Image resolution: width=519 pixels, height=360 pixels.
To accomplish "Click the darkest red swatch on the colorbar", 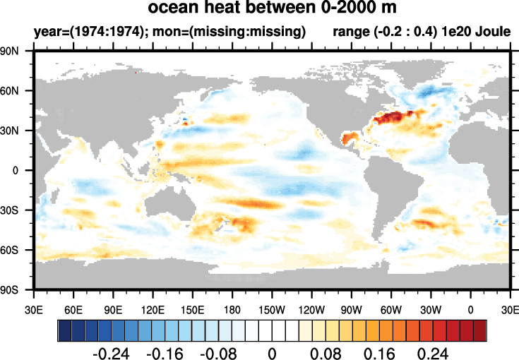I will click(480, 329).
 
